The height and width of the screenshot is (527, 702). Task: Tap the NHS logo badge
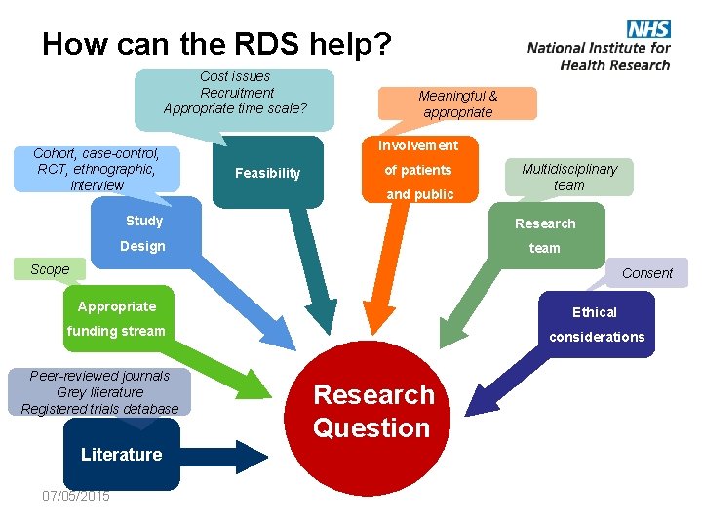click(648, 28)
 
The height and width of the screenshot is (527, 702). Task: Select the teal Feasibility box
click(268, 173)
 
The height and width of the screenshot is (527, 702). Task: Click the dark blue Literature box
click(122, 454)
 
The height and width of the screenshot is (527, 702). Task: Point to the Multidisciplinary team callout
click(569, 177)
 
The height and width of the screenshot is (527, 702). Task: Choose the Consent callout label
click(647, 273)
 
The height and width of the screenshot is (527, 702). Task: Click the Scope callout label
click(50, 269)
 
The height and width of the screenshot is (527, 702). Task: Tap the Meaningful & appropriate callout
click(457, 103)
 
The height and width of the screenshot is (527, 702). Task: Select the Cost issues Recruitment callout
click(235, 93)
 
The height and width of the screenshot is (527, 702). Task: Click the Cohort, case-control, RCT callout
click(97, 169)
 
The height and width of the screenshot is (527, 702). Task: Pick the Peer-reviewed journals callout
click(99, 392)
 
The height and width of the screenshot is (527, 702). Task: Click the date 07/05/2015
click(76, 496)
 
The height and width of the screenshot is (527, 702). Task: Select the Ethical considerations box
click(596, 324)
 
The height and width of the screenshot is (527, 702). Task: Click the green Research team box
click(545, 235)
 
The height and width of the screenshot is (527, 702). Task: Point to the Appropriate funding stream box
click(117, 318)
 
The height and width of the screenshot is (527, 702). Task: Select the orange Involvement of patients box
click(418, 170)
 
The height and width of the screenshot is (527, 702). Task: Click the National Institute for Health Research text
click(599, 56)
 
